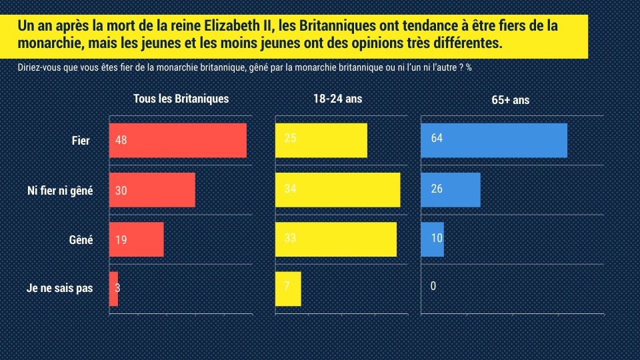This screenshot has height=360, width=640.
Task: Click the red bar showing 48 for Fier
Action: click(177, 141)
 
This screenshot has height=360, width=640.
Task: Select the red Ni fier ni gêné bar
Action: click(152, 190)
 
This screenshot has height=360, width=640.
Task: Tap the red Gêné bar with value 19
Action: click(136, 239)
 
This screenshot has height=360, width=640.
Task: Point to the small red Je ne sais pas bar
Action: click(113, 289)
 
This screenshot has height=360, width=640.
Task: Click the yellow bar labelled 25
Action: click(321, 140)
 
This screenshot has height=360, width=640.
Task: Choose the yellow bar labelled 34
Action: click(338, 189)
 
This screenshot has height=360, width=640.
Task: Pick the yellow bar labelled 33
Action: click(336, 239)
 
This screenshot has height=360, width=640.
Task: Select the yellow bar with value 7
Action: click(288, 289)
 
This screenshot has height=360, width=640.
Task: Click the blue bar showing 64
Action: click(494, 140)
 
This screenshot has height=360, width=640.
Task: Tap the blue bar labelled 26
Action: click(451, 189)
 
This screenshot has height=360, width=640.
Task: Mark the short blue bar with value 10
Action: click(433, 239)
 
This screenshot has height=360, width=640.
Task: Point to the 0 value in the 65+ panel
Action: click(433, 287)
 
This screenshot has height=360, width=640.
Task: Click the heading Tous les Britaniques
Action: click(181, 99)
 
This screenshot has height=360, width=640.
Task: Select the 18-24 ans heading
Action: click(337, 99)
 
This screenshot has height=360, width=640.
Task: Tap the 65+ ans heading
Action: click(510, 100)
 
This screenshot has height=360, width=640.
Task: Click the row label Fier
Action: click(81, 141)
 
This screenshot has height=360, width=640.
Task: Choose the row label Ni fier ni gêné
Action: click(60, 191)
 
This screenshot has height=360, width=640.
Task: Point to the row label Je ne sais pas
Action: click(59, 289)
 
